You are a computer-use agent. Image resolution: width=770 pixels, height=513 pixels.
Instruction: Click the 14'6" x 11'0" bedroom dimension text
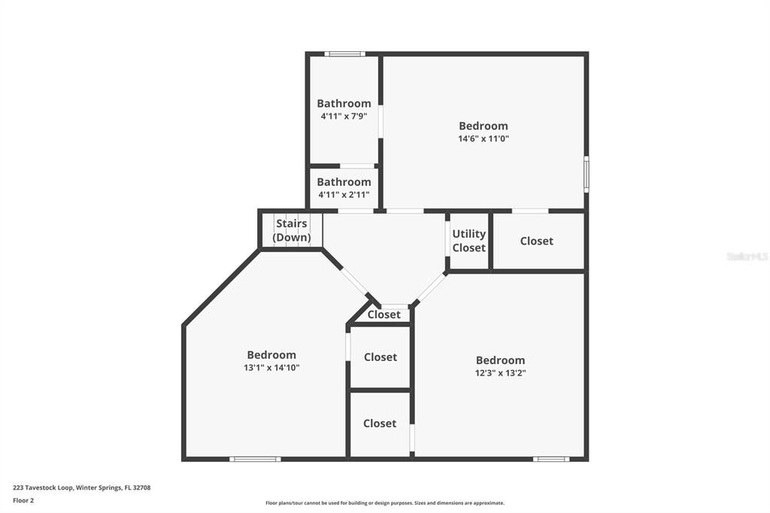(x=484, y=138)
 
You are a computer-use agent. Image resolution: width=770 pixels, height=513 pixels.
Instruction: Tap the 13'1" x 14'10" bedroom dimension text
(x=271, y=368)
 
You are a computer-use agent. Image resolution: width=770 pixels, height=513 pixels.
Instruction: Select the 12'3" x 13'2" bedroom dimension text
(x=500, y=373)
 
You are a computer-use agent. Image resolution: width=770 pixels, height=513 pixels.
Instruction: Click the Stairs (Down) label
(x=292, y=230)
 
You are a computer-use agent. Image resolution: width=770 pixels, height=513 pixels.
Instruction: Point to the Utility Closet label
(x=468, y=241)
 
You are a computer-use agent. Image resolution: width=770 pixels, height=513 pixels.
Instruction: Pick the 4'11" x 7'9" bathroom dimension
(x=344, y=117)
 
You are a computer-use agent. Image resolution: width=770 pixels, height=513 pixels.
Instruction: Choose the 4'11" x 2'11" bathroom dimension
(x=344, y=195)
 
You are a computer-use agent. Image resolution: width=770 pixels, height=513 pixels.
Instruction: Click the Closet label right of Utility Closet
(x=536, y=241)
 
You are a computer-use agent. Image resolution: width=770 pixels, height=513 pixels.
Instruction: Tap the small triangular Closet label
(x=384, y=314)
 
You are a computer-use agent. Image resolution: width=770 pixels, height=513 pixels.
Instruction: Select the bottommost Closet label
(x=380, y=423)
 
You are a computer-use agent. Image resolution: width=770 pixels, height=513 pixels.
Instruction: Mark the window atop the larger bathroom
(x=344, y=54)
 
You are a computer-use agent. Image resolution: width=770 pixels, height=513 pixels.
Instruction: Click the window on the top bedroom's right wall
(x=586, y=174)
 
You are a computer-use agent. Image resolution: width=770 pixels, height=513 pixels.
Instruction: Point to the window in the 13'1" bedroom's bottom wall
(x=255, y=458)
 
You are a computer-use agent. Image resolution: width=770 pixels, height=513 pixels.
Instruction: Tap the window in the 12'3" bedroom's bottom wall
(x=551, y=458)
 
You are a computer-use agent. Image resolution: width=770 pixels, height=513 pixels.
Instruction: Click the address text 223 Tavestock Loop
(x=81, y=487)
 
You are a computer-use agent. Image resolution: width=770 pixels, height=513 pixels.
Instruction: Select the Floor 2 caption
(x=23, y=500)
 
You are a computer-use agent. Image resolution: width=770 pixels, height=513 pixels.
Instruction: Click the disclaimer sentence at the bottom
(x=384, y=503)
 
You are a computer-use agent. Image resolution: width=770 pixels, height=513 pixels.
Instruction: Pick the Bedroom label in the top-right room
(x=484, y=126)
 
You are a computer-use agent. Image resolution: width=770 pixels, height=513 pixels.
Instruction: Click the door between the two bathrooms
(x=357, y=166)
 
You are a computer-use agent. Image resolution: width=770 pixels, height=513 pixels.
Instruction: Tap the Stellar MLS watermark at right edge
(x=747, y=256)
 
